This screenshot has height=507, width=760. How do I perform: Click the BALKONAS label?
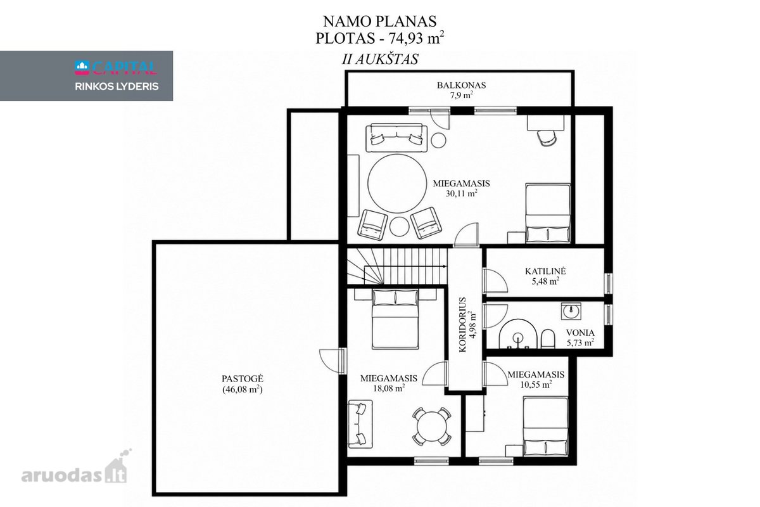tap(461, 85)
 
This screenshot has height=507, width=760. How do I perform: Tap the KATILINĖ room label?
tap(545, 271)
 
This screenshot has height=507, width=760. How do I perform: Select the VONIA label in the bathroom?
tap(580, 333)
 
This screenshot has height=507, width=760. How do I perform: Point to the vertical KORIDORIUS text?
tap(462, 324)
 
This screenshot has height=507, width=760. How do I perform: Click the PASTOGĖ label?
tap(243, 378)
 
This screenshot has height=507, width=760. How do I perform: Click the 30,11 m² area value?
tap(462, 193)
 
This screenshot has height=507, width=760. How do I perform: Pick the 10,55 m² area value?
tap(536, 385)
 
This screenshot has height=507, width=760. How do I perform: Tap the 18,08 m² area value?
tap(389, 388)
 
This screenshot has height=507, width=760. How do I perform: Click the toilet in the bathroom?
tap(548, 338)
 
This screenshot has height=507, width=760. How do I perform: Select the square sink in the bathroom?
tap(571, 311)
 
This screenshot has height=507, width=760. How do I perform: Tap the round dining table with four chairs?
tap(431, 426)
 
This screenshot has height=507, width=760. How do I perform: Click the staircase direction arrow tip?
tap(446, 267)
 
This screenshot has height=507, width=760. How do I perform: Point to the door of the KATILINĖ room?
tap(495, 281)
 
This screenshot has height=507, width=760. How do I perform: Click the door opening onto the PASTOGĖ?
tap(332, 362)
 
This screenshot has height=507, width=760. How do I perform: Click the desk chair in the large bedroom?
tap(547, 138)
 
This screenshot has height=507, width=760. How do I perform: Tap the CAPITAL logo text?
tap(116, 68)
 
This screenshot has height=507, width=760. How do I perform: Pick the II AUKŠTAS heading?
tap(380, 60)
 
